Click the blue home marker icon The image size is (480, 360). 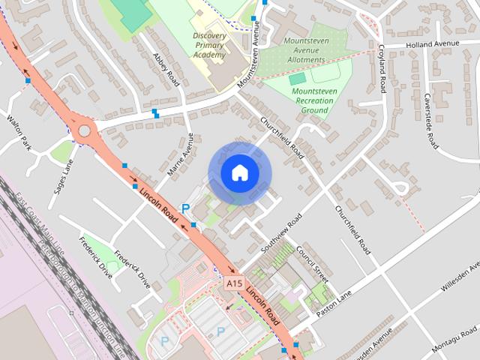point(238,173)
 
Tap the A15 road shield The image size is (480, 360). point(234,283)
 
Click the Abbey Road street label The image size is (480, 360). point(161,68)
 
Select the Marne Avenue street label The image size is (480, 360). point(180,154)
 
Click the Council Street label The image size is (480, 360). point(311,259)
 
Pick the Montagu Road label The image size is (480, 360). point(454,342)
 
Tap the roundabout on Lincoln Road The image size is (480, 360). point(84,131)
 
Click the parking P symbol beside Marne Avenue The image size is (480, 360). point(185,209)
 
